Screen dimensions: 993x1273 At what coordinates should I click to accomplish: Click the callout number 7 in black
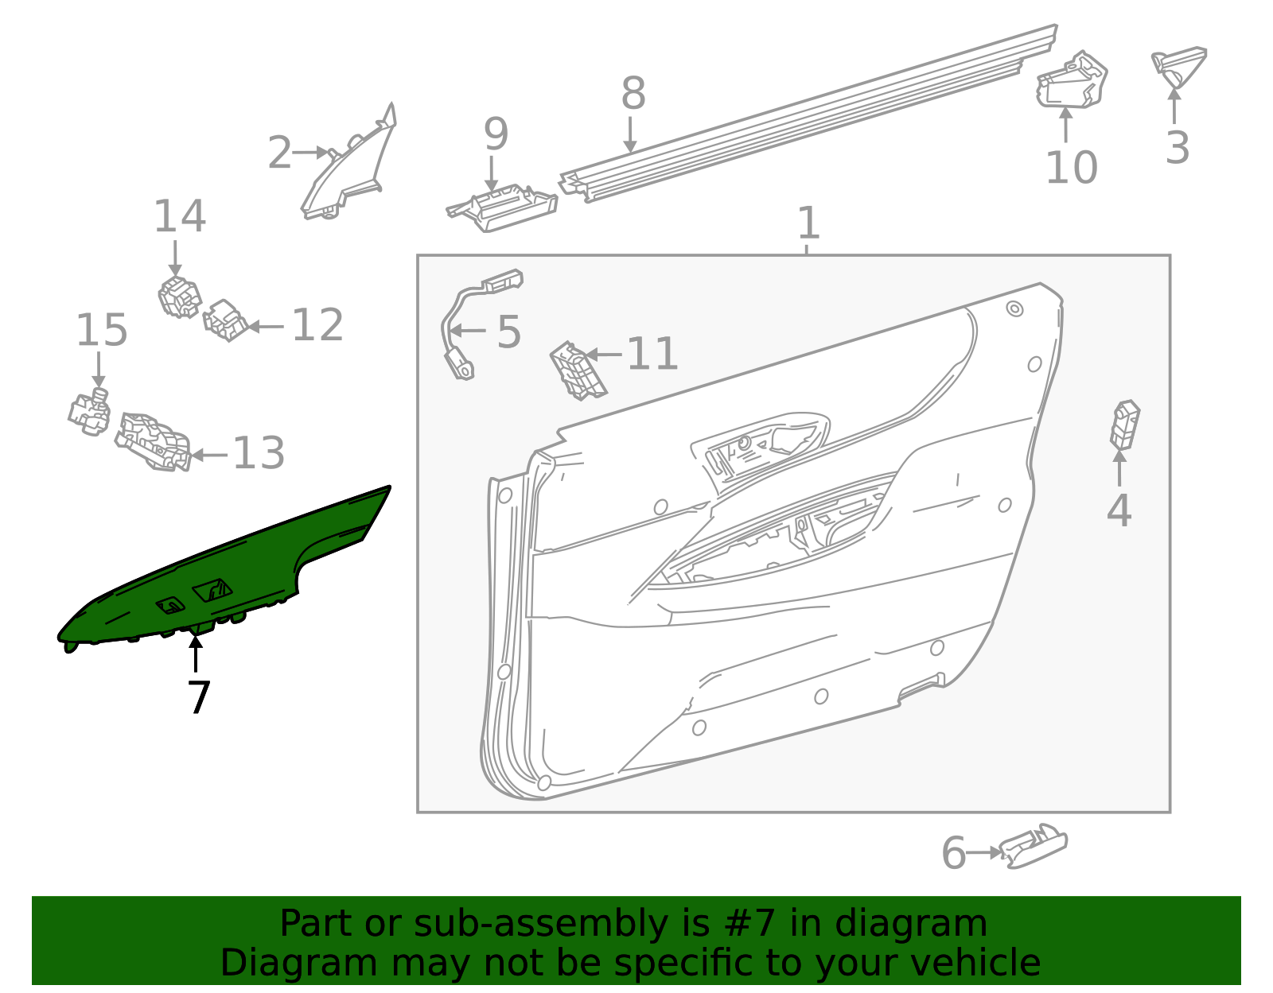[198, 697]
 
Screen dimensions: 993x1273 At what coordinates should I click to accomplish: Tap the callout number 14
[180, 216]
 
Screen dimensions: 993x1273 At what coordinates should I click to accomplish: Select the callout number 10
[1071, 168]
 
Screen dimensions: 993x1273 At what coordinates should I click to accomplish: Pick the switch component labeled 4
[1125, 425]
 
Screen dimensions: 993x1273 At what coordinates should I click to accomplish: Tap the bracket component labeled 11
[578, 370]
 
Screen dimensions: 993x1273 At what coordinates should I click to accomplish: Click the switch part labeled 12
[226, 320]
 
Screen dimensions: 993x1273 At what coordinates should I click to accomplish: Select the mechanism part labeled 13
[154, 441]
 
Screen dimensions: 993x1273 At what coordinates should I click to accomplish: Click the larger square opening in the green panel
[212, 590]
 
